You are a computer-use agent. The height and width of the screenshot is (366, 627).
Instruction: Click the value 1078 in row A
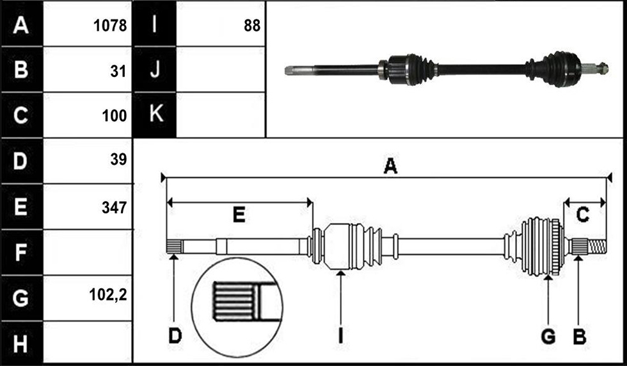click(110, 26)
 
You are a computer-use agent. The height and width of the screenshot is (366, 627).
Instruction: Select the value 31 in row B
click(118, 71)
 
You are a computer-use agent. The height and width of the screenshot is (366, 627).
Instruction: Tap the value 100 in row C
click(114, 116)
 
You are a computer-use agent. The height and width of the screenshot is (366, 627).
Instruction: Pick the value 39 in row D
click(118, 160)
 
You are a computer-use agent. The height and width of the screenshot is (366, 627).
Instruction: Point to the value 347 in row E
click(114, 208)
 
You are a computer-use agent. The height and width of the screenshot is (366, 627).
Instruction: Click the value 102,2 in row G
click(108, 295)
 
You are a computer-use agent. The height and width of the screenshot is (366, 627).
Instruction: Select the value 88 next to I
click(252, 26)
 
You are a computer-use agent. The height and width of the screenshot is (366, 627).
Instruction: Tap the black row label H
click(20, 344)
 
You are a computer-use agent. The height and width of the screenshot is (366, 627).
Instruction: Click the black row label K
click(156, 113)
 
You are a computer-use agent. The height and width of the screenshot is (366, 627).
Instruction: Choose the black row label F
click(20, 253)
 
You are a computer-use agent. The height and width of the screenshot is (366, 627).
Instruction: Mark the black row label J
click(155, 69)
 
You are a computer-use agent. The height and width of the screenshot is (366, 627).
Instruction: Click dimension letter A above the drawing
click(390, 166)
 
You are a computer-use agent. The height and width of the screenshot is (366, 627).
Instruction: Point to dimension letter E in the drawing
click(239, 215)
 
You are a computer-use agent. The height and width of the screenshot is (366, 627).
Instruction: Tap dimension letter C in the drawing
click(583, 215)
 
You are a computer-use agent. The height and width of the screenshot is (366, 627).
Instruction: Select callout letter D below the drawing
click(175, 336)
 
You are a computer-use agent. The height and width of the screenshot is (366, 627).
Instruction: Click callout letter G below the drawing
click(548, 336)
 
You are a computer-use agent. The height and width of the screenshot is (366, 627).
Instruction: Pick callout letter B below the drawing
click(580, 336)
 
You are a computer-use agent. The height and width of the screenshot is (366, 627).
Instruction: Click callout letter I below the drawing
click(340, 336)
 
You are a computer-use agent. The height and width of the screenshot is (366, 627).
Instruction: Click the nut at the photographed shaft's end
click(602, 69)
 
